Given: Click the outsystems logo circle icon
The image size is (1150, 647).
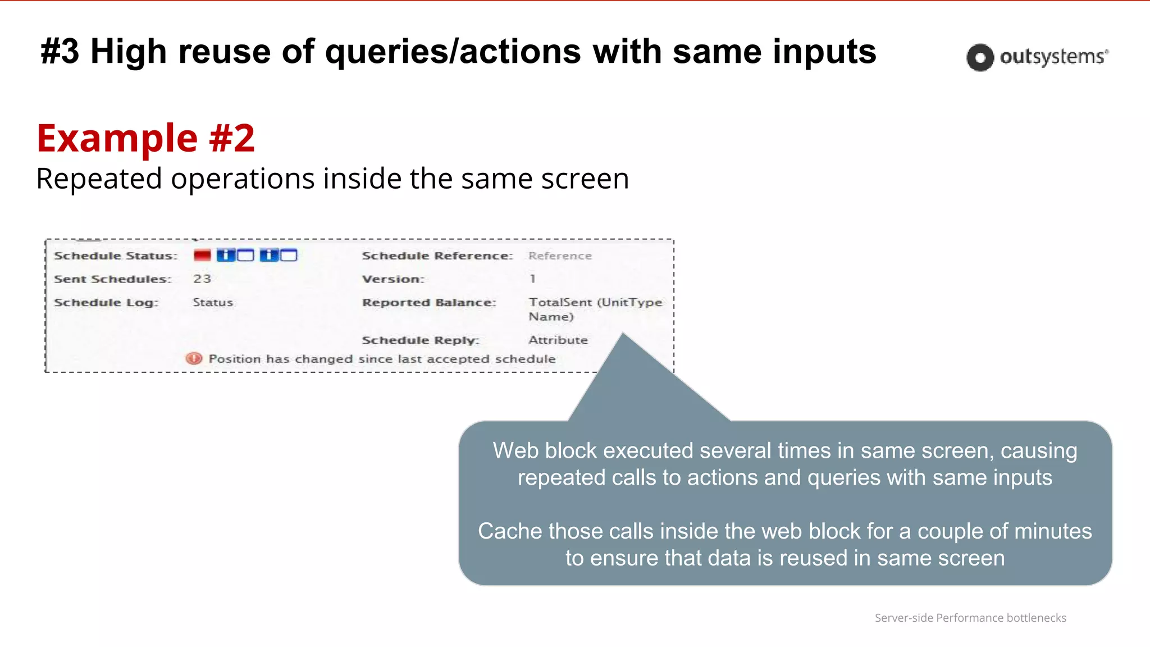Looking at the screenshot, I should pyautogui.click(x=980, y=57).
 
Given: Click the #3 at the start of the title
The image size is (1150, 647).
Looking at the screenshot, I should pyautogui.click(x=60, y=52).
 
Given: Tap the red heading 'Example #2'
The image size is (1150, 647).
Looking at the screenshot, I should pyautogui.click(x=145, y=138).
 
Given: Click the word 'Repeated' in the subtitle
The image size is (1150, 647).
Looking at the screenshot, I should pyautogui.click(x=99, y=179).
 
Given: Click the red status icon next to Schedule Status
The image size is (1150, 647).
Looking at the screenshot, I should pyautogui.click(x=202, y=256).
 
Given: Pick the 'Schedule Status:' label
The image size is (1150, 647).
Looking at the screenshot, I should pyautogui.click(x=116, y=256).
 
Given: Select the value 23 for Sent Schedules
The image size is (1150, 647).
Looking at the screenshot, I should pyautogui.click(x=202, y=279).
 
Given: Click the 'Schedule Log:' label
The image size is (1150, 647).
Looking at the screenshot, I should pyautogui.click(x=106, y=303).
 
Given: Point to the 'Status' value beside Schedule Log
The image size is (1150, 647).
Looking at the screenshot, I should pyautogui.click(x=213, y=303).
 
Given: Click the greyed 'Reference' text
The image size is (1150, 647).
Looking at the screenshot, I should pyautogui.click(x=560, y=256).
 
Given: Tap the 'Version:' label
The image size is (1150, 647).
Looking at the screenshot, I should pyautogui.click(x=393, y=279).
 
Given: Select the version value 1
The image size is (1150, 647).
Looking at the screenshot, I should pyautogui.click(x=532, y=279).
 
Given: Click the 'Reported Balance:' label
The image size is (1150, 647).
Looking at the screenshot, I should pyautogui.click(x=429, y=303).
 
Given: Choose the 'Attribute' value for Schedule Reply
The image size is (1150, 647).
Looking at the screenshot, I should pyautogui.click(x=558, y=340).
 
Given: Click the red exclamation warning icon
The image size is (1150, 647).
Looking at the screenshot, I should pyautogui.click(x=194, y=358).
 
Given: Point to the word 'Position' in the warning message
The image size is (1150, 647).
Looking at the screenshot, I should pyautogui.click(x=235, y=359).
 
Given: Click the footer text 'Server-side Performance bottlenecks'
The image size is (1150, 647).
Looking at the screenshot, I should pyautogui.click(x=970, y=618).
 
